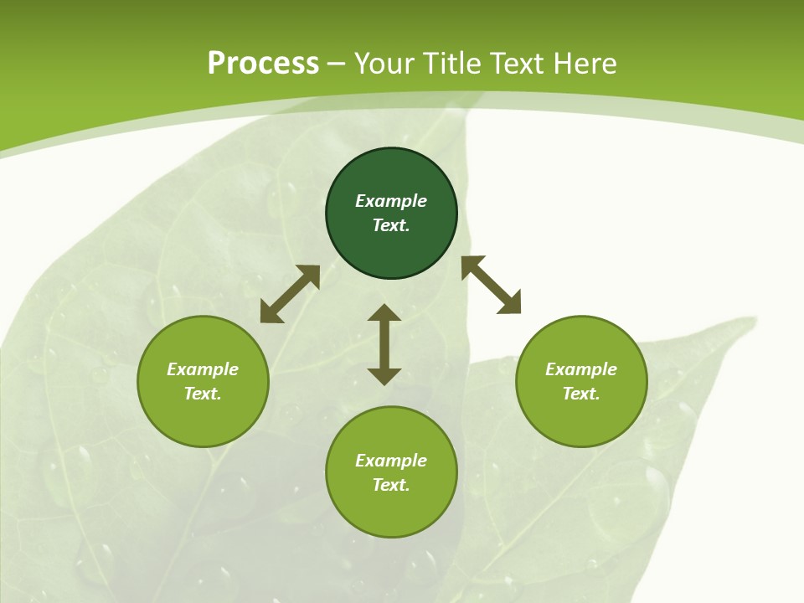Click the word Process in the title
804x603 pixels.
pos(263,64)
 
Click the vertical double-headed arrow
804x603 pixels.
pos(384,344)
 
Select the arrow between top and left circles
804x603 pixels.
pos(290,294)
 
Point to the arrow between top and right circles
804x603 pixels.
pos(491,285)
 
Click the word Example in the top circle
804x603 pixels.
pos(391,201)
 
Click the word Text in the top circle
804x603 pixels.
pos(391,225)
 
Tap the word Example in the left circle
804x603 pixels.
pos(203,369)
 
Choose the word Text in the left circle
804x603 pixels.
pos(203,394)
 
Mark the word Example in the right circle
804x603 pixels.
pos(581,369)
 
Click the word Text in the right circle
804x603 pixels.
pos(581,394)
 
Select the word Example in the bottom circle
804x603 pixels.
pos(391,461)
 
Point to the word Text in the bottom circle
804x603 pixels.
pos(391,485)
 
